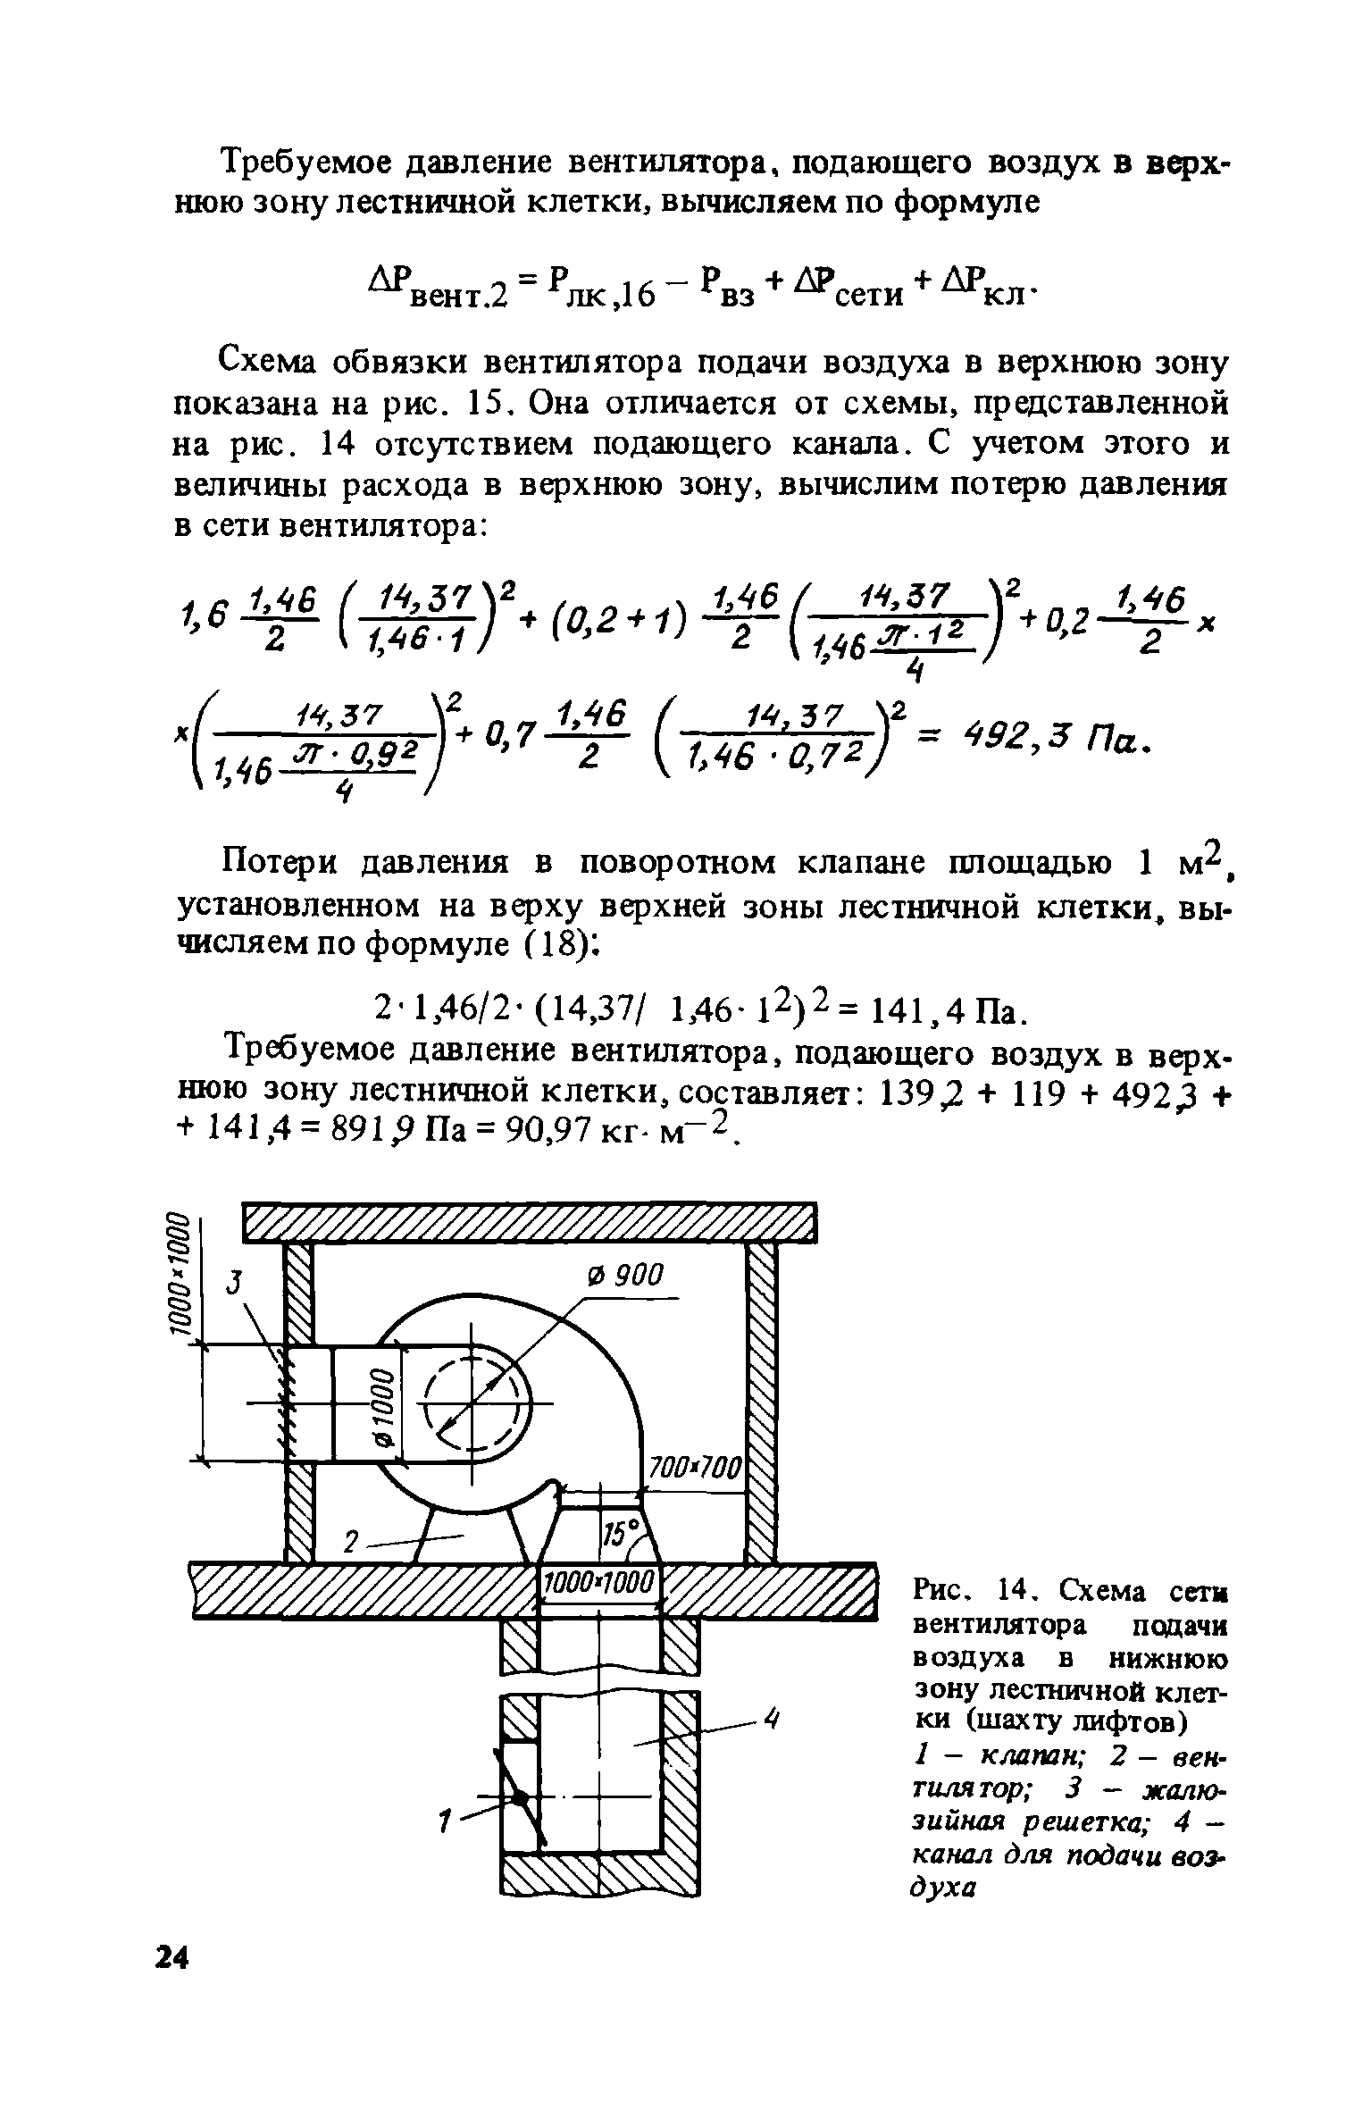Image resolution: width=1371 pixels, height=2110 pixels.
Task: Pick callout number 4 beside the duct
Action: [773, 1717]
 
